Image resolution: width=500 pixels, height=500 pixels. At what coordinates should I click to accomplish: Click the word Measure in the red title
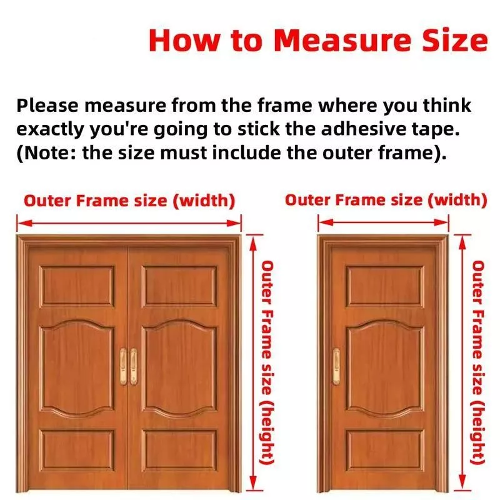point(342,41)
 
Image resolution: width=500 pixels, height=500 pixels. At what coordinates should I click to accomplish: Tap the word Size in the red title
point(455,41)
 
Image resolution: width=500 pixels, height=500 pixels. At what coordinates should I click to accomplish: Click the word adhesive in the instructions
point(364,129)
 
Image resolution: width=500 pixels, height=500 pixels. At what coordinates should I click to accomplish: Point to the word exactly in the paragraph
point(51,130)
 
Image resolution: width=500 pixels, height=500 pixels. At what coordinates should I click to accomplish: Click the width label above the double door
point(129,201)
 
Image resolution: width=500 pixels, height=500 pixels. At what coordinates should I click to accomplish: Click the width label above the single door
point(386,200)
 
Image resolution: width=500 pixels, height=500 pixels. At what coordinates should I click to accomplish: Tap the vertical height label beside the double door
point(267,363)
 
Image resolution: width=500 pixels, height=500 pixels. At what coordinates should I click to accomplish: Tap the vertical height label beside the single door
point(478,362)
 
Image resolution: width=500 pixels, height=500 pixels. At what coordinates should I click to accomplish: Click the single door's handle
point(336,367)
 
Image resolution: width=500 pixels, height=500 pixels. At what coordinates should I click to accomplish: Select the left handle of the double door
point(123,367)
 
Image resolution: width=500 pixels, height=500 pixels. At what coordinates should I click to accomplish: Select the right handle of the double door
point(134,367)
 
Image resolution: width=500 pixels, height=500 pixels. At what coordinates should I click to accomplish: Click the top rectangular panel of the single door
point(385,286)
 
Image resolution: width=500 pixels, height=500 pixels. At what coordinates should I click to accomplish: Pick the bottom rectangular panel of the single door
point(385,450)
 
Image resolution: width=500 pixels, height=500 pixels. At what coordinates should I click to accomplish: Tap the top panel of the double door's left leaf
point(77,286)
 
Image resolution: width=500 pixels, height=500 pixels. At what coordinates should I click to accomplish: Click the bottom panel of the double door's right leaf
point(179,450)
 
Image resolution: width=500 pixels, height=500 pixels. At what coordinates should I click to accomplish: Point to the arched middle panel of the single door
point(385,368)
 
